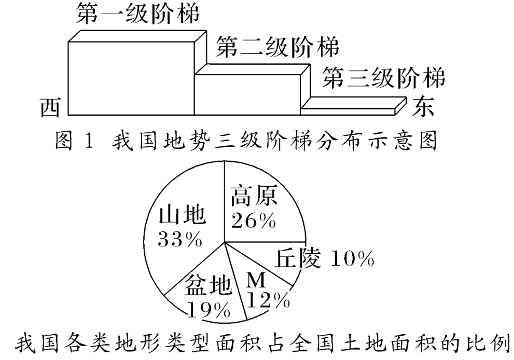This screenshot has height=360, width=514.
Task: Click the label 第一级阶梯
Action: pyautogui.click(x=137, y=15)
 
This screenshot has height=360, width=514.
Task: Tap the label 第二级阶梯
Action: pyautogui.click(x=277, y=48)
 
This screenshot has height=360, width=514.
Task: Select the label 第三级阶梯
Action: pyautogui.click(x=384, y=77)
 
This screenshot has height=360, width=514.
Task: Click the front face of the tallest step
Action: pyautogui.click(x=131, y=79)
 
